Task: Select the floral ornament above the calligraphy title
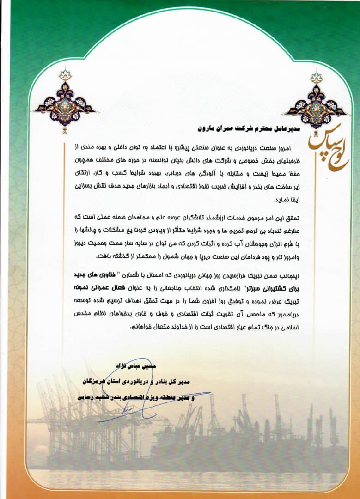tap(316, 103)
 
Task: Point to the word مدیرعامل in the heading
tap(285, 126)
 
